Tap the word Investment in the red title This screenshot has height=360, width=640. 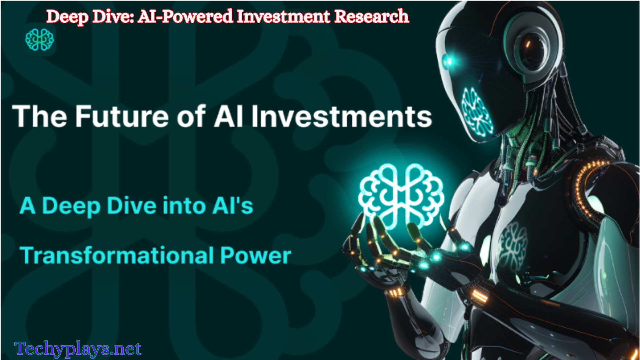pyautogui.click(x=283, y=16)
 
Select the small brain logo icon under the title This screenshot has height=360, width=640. pyautogui.click(x=40, y=39)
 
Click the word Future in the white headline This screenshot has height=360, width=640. pyautogui.click(x=122, y=116)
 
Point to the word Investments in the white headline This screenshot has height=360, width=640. pyautogui.click(x=342, y=116)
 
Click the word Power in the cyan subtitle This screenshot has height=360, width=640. pyautogui.click(x=256, y=256)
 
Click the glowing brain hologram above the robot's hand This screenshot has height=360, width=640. pyautogui.click(x=401, y=196)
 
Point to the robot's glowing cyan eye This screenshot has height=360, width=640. pyautogui.click(x=448, y=61)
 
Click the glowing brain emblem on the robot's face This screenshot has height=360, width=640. pyautogui.click(x=476, y=112)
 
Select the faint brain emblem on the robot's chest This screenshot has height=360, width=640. pyautogui.click(x=513, y=246)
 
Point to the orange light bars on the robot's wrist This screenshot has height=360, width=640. pyautogui.click(x=395, y=292)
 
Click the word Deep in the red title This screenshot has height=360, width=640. pyautogui.click(x=68, y=17)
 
